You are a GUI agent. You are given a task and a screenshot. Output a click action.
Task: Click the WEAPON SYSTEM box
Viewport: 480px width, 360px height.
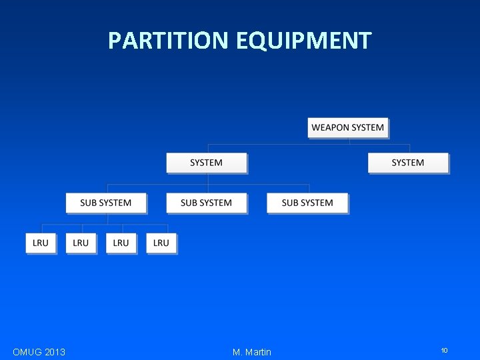tap(348, 127)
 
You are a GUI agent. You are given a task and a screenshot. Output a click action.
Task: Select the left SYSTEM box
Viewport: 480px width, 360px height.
tap(207, 163)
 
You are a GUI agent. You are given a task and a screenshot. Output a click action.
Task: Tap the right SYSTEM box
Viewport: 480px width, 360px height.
tap(408, 163)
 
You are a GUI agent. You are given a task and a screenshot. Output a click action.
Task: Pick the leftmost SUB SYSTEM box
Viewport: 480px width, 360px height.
tap(106, 203)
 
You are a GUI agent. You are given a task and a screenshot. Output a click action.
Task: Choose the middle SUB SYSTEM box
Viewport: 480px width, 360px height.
tap(207, 203)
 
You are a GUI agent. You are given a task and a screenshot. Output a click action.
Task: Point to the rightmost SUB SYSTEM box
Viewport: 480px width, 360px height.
tap(307, 203)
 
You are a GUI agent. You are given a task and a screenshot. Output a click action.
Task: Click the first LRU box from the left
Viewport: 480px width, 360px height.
tap(41, 243)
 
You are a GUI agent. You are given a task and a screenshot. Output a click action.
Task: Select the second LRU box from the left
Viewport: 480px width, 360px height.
tap(81, 243)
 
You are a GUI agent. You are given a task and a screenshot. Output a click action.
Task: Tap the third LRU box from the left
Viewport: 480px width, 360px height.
tap(121, 243)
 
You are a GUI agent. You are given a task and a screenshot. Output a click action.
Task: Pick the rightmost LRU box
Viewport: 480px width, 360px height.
tap(161, 243)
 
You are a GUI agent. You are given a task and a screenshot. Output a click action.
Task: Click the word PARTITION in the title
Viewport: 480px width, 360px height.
tap(168, 41)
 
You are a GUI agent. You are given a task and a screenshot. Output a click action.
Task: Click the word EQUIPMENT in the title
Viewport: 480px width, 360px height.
tap(303, 41)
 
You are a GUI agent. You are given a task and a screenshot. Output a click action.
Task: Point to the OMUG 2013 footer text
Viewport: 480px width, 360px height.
tap(39, 352)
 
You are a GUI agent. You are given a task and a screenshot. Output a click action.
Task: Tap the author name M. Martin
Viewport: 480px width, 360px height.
tap(252, 352)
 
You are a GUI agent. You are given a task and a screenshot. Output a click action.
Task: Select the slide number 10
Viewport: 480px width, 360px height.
tap(444, 351)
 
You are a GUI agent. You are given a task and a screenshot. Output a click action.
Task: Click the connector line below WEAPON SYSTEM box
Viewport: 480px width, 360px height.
tap(349, 141)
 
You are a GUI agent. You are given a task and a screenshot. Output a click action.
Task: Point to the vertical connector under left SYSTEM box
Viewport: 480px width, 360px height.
tap(207, 179)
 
